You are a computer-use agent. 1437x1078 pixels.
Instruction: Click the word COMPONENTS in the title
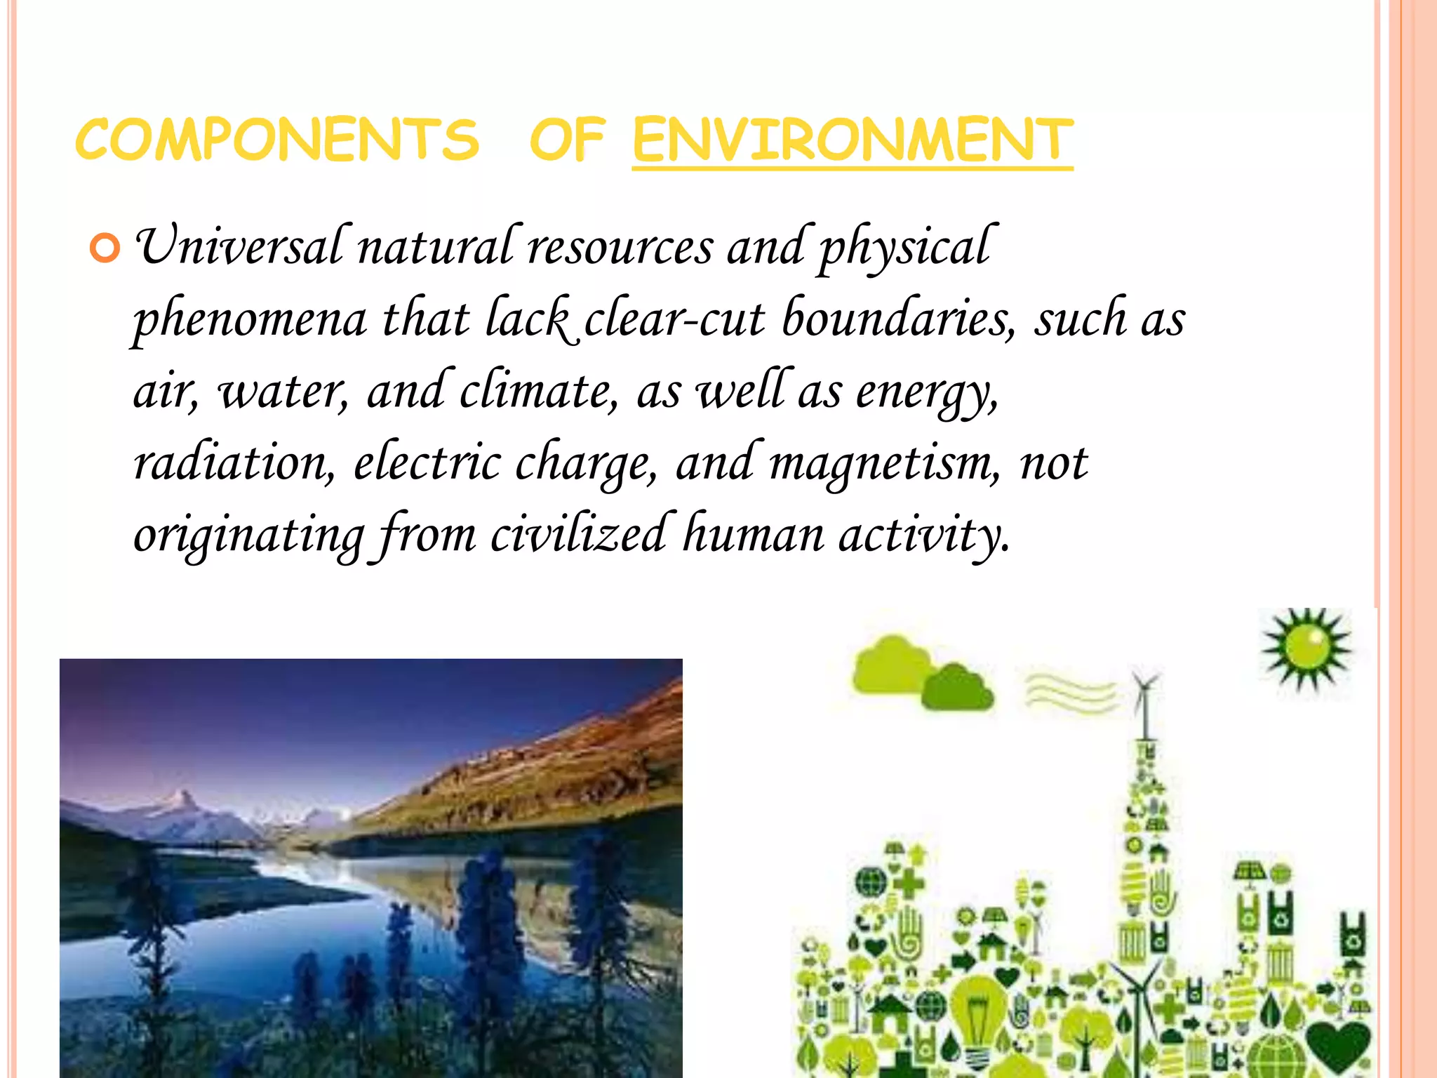pos(277,139)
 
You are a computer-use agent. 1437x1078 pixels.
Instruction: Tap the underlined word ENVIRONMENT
pos(852,139)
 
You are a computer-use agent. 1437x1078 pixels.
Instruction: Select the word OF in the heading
pos(566,139)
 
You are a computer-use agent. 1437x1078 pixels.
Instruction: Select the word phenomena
pos(250,320)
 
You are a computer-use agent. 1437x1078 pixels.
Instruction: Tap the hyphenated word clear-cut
pos(674,320)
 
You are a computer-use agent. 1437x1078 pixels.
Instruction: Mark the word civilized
pos(578,535)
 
